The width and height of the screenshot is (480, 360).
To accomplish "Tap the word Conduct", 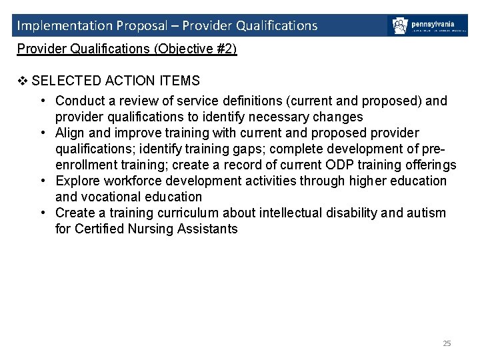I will pyautogui.click(x=78, y=101).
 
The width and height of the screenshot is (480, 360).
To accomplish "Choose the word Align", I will pyautogui.click(x=69, y=133).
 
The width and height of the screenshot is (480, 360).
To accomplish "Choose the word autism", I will pyautogui.click(x=427, y=213).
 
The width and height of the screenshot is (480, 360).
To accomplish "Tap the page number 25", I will pyautogui.click(x=447, y=343).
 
